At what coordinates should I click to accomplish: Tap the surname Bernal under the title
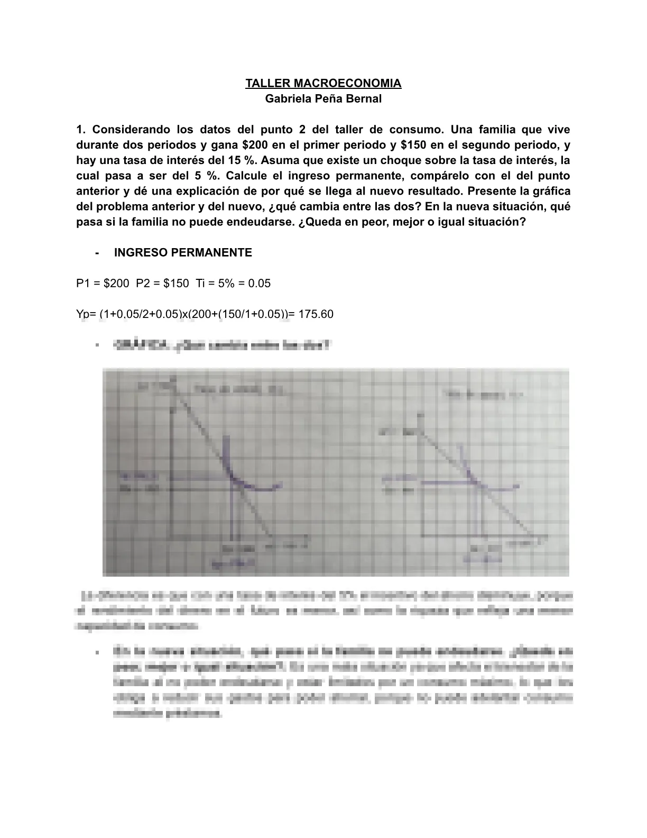click(364, 99)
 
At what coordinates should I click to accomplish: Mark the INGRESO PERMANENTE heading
click(183, 253)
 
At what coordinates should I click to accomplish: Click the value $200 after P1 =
click(116, 284)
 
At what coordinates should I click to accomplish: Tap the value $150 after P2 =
click(176, 284)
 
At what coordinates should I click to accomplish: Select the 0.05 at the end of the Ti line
click(259, 284)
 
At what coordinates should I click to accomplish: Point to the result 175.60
click(316, 314)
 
